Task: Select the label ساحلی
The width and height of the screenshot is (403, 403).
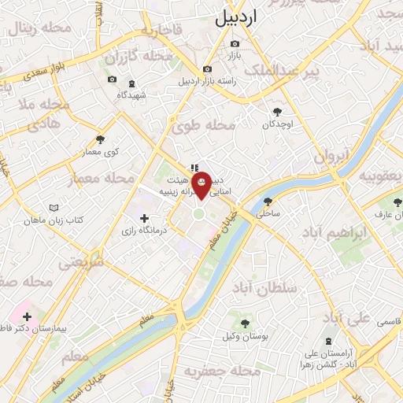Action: tap(268, 213)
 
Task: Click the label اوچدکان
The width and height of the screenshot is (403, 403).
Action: tap(278, 125)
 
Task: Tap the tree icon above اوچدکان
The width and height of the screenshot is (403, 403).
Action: tap(277, 112)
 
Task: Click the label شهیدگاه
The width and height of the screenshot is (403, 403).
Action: tap(132, 94)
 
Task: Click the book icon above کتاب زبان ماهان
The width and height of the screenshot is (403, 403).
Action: tap(54, 208)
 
